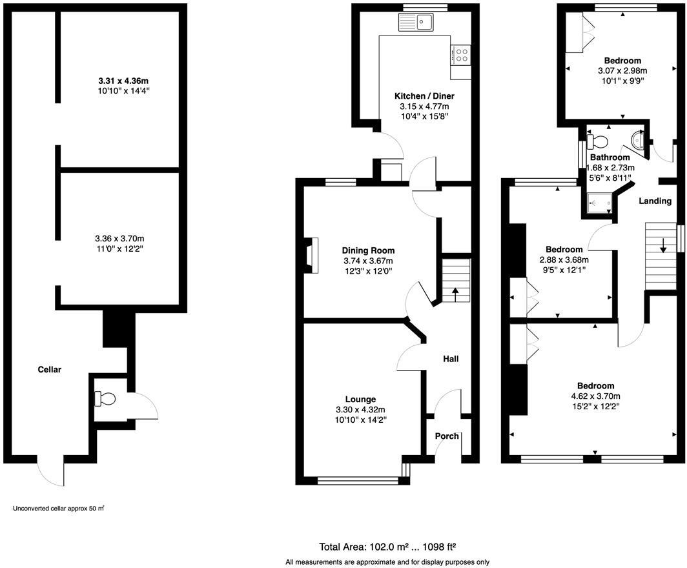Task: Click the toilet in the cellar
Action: pyautogui.click(x=105, y=400)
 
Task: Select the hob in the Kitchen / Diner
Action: pyautogui.click(x=462, y=55)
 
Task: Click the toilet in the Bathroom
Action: pyautogui.click(x=599, y=141)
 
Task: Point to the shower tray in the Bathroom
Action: pyautogui.click(x=600, y=203)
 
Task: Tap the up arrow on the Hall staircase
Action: pyautogui.click(x=455, y=292)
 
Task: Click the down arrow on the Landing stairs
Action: pyautogui.click(x=662, y=246)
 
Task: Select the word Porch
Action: pyautogui.click(x=446, y=436)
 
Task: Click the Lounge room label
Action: pyautogui.click(x=360, y=399)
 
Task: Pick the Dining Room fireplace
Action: pyautogui.click(x=313, y=254)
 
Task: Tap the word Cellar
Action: pyautogui.click(x=49, y=370)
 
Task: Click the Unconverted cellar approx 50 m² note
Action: pyautogui.click(x=58, y=509)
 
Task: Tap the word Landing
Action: pyautogui.click(x=655, y=201)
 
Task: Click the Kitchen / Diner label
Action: pyautogui.click(x=420, y=96)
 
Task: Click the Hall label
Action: pyautogui.click(x=450, y=358)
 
